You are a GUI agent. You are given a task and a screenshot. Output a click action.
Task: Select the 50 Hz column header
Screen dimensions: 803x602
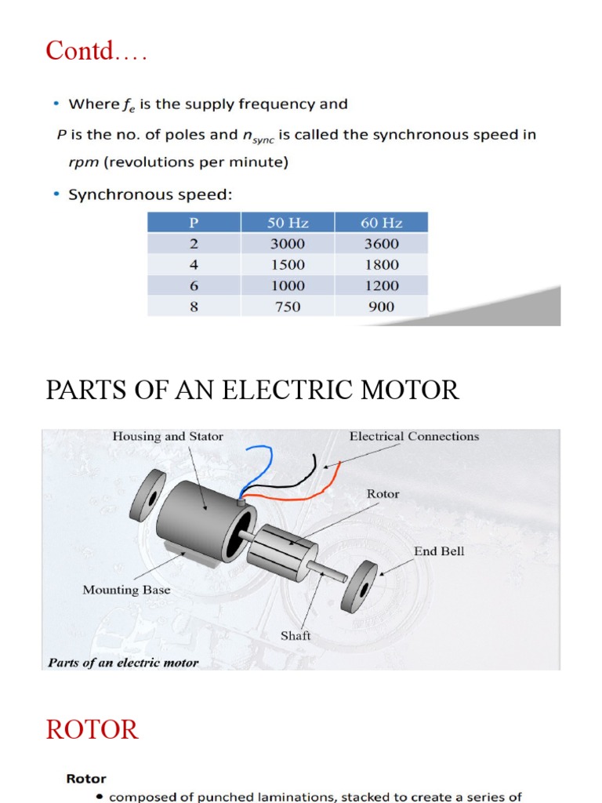pyautogui.click(x=287, y=222)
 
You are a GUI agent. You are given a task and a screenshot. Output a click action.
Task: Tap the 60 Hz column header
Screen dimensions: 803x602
pyautogui.click(x=381, y=222)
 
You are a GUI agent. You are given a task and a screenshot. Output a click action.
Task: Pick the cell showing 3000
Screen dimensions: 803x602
pyautogui.click(x=287, y=244)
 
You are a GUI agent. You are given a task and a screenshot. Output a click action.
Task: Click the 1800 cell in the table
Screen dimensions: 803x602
pyautogui.click(x=381, y=265)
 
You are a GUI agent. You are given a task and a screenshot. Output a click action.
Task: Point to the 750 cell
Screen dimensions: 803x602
pyautogui.click(x=287, y=307)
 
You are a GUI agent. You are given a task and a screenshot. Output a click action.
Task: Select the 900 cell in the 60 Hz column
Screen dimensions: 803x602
pyautogui.click(x=381, y=307)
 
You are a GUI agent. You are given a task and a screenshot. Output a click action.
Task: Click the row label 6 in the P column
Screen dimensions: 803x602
pyautogui.click(x=194, y=286)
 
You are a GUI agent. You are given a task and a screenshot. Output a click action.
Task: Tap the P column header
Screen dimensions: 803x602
pyautogui.click(x=194, y=222)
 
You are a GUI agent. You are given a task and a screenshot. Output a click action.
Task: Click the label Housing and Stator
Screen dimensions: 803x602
pyautogui.click(x=168, y=437)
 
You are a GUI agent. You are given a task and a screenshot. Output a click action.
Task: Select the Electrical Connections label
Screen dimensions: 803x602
pyautogui.click(x=414, y=437)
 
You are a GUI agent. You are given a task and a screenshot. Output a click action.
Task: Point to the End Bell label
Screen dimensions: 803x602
pyautogui.click(x=439, y=551)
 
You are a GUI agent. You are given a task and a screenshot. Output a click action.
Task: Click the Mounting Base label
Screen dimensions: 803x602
pyautogui.click(x=126, y=590)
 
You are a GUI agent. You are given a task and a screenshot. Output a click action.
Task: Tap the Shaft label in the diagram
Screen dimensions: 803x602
pyautogui.click(x=296, y=635)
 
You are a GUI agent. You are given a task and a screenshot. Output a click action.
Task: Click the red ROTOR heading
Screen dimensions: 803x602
pyautogui.click(x=92, y=730)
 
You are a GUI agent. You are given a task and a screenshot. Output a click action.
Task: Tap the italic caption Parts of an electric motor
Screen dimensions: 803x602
pyautogui.click(x=123, y=663)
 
